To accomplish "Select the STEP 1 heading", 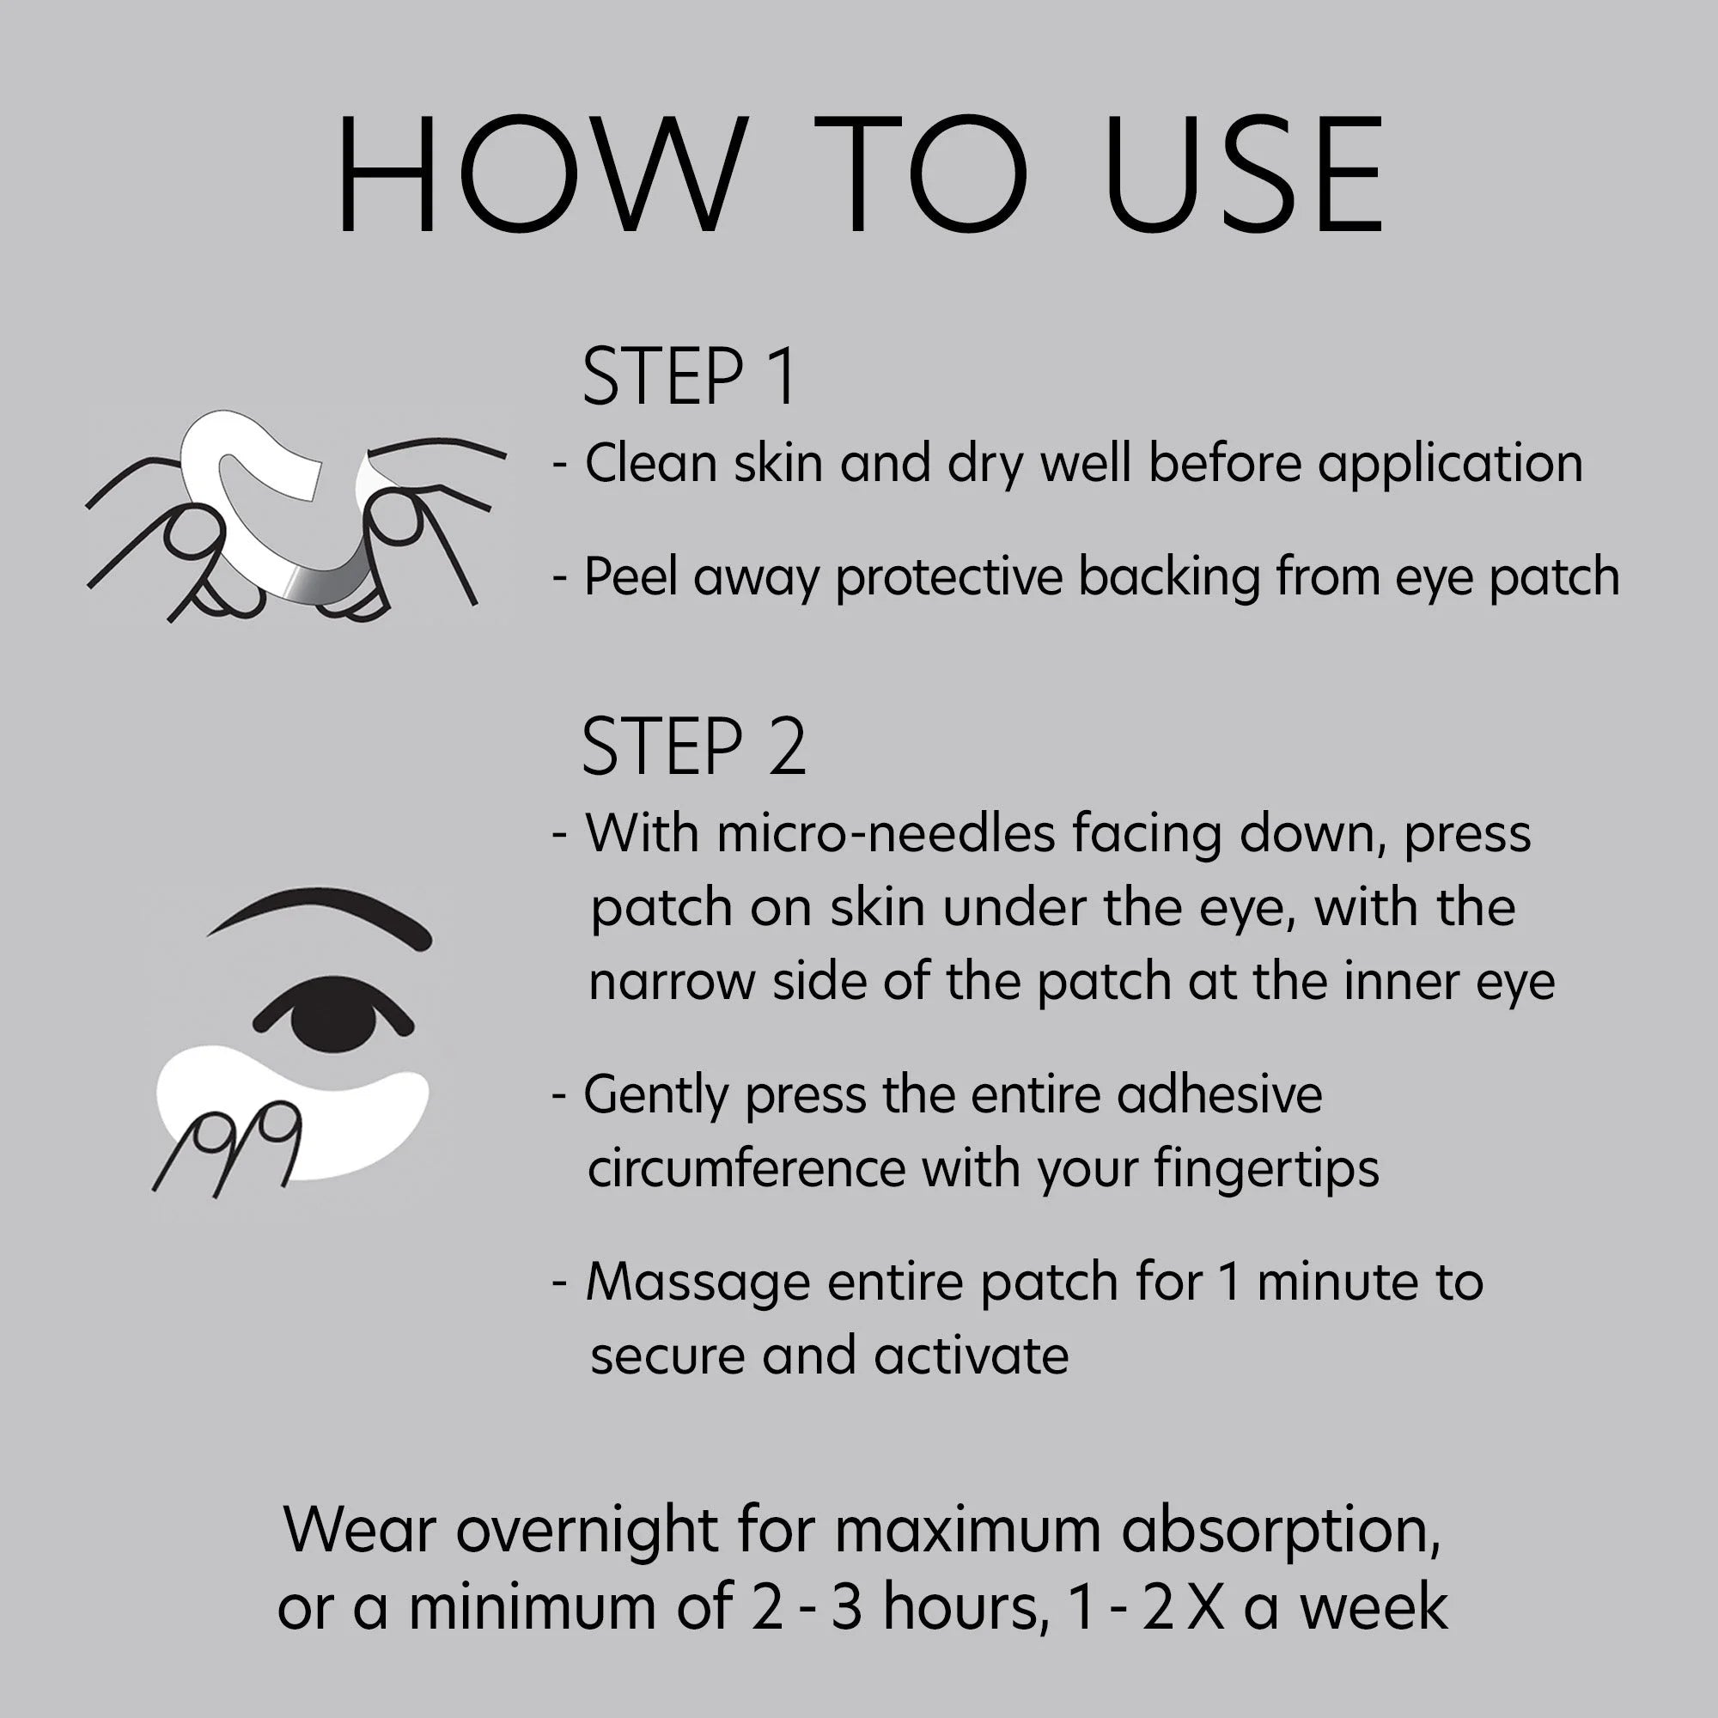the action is tap(689, 377).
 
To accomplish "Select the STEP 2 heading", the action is tap(693, 747).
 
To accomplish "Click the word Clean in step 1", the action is tap(650, 463).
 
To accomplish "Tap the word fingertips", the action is tap(1267, 1170).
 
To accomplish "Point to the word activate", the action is tap(971, 1356).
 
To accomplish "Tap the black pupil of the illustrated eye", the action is tap(332, 1011).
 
